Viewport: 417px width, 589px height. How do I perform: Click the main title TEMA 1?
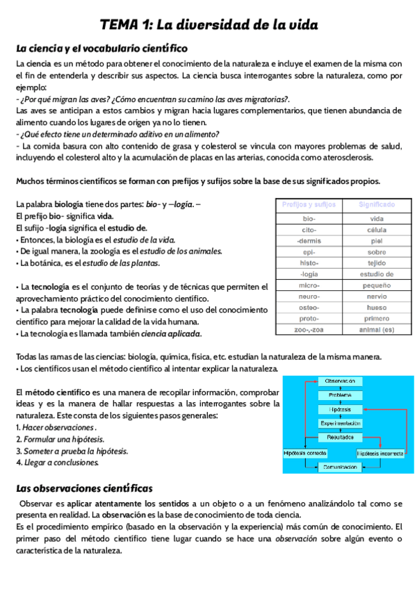click(x=208, y=25)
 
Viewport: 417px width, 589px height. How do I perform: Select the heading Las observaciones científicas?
click(x=84, y=488)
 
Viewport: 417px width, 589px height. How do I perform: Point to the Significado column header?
click(x=377, y=205)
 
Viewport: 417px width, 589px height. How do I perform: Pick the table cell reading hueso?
click(x=377, y=307)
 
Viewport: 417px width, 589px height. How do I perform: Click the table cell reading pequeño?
click(x=377, y=285)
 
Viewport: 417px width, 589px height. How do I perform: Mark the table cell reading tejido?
click(x=377, y=263)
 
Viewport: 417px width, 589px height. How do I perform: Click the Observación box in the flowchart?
click(x=340, y=381)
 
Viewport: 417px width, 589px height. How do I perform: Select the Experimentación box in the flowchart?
click(x=340, y=423)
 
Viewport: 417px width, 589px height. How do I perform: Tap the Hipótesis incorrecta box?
click(x=382, y=452)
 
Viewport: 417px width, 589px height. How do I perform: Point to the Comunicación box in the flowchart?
click(x=340, y=467)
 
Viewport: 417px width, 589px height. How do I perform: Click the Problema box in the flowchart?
click(x=340, y=395)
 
